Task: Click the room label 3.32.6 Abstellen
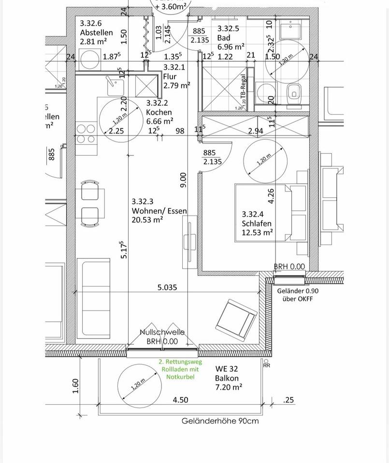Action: coord(96,28)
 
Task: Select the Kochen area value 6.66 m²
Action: coord(159,121)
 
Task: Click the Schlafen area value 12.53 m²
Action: coord(257,232)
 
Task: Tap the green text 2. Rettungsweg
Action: coord(180,362)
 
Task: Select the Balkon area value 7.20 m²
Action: coord(229,387)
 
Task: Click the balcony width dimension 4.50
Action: coord(180,399)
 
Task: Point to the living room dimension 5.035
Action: coord(167,287)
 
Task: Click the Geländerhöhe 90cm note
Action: coord(220,421)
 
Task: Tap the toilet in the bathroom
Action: coord(293,92)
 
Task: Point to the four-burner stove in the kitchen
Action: coord(86,134)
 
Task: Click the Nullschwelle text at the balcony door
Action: coord(162,332)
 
